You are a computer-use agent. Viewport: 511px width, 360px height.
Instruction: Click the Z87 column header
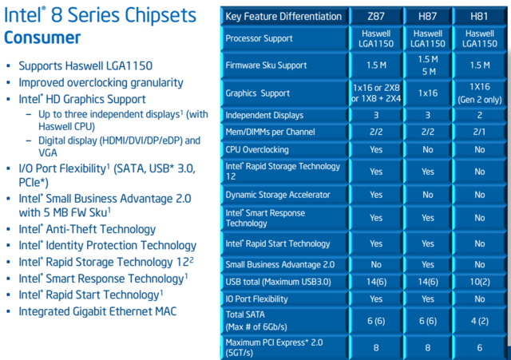[376, 16]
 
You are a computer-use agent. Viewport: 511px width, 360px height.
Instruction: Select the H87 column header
[428, 16]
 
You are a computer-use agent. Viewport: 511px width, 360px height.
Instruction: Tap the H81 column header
[479, 16]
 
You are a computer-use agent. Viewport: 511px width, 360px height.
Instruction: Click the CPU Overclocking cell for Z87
[376, 149]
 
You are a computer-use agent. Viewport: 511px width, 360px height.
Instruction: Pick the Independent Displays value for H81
[479, 115]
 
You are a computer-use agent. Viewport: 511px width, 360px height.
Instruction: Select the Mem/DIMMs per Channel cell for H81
[479, 132]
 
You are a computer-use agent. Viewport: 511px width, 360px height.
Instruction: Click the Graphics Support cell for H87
[428, 93]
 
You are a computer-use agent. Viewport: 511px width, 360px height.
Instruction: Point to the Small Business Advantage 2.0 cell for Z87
[376, 264]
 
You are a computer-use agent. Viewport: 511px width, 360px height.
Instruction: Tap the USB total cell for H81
[480, 282]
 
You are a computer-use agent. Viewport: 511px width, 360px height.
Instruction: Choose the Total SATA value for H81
[480, 321]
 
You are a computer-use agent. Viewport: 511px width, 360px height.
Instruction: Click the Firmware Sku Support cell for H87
[428, 65]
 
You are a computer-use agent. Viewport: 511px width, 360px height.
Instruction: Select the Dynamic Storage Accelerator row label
[278, 195]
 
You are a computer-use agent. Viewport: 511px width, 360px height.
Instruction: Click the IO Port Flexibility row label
[256, 299]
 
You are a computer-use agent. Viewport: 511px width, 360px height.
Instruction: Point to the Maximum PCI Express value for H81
[479, 347]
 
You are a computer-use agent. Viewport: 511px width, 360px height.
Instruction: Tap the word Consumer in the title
[42, 38]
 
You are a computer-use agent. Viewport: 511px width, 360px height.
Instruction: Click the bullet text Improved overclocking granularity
[101, 83]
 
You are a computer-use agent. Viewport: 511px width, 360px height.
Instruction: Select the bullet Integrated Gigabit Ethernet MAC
[97, 311]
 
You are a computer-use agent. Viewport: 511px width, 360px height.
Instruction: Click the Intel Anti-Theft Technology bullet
[87, 229]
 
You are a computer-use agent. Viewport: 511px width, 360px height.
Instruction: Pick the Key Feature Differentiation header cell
[283, 16]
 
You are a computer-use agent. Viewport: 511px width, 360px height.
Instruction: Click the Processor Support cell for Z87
[376, 38]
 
